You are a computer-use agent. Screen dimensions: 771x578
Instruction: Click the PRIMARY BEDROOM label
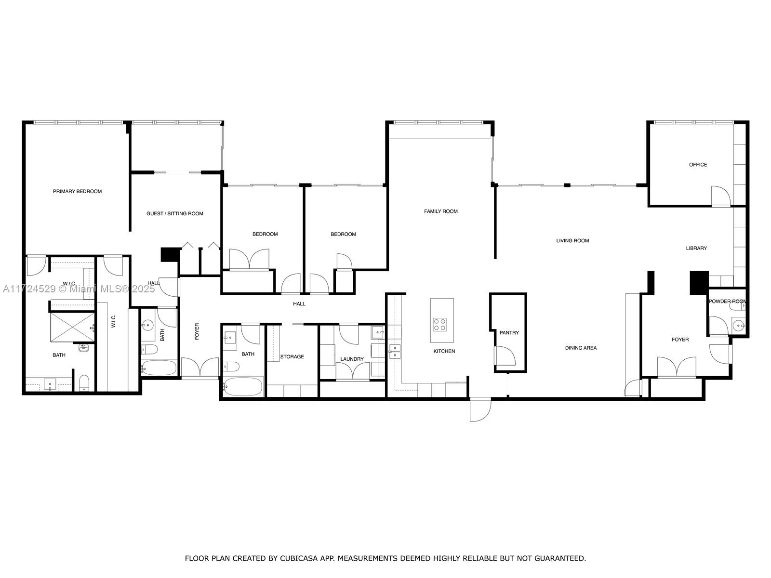click(x=77, y=191)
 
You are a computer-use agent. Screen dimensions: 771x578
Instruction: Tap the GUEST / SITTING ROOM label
click(x=175, y=213)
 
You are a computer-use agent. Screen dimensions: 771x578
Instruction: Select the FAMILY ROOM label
click(x=441, y=211)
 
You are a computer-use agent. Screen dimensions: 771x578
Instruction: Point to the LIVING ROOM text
click(x=572, y=240)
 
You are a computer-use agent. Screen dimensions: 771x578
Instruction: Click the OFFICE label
click(x=698, y=165)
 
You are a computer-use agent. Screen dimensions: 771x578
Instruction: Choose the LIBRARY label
click(x=696, y=248)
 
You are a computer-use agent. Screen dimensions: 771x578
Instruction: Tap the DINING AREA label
click(x=581, y=348)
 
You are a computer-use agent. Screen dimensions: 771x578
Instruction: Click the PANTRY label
click(x=509, y=333)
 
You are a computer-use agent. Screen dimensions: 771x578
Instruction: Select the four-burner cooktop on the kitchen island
click(x=440, y=325)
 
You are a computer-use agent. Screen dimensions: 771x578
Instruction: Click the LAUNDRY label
click(x=352, y=359)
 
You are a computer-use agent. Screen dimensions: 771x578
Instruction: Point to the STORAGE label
click(x=292, y=356)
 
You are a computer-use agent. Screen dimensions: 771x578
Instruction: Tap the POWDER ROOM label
click(x=727, y=301)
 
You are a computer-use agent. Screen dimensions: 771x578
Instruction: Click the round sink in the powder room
click(x=739, y=326)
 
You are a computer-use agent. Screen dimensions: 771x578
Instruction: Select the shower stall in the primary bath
click(x=72, y=327)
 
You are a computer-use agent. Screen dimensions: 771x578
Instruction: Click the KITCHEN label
click(x=444, y=351)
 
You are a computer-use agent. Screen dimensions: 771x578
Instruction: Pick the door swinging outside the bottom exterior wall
click(x=480, y=409)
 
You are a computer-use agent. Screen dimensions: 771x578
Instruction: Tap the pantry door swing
click(x=505, y=356)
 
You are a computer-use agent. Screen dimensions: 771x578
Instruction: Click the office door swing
click(x=721, y=196)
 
